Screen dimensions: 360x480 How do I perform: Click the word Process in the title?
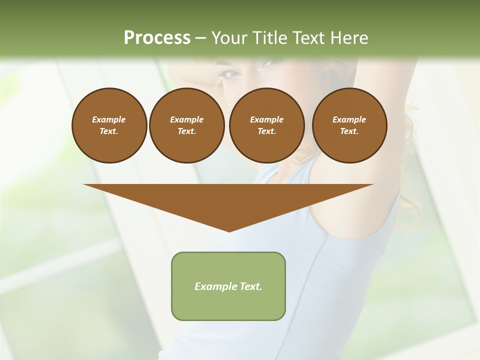click(x=157, y=38)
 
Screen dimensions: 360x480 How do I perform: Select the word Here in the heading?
click(x=349, y=38)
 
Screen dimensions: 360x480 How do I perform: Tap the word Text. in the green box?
click(x=249, y=286)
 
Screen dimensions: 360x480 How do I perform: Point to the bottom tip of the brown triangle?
click(x=229, y=231)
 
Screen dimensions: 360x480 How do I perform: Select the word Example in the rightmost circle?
click(x=349, y=119)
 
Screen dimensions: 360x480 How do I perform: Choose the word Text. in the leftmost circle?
click(x=109, y=131)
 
